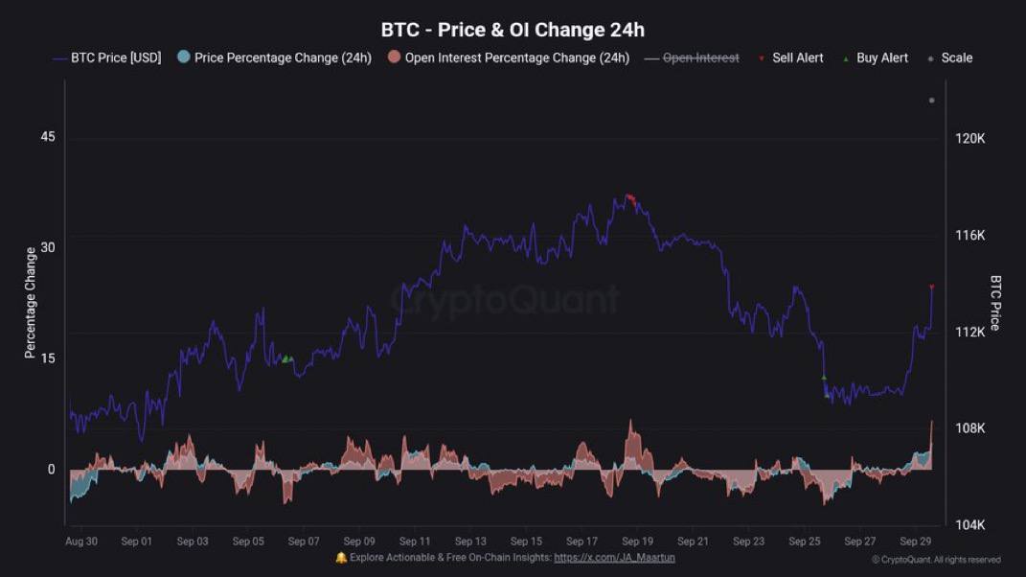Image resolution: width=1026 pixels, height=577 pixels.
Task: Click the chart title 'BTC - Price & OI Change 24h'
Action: (513, 30)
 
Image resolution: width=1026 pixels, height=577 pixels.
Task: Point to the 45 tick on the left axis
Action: (48, 137)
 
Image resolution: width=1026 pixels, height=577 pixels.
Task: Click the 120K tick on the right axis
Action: (970, 139)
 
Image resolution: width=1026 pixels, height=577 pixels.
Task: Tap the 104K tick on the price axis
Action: (970, 525)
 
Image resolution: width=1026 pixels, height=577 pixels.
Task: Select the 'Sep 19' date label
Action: (637, 542)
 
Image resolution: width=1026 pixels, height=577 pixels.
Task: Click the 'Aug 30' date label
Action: (81, 542)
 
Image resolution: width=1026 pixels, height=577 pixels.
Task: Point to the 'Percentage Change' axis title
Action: (31, 303)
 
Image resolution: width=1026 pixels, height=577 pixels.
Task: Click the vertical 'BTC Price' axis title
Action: (995, 303)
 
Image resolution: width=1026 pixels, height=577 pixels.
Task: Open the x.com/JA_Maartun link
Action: (614, 557)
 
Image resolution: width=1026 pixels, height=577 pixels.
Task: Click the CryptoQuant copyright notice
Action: (936, 560)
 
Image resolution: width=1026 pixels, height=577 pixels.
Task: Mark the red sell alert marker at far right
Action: (932, 287)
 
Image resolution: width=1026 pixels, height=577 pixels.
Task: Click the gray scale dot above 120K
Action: (931, 101)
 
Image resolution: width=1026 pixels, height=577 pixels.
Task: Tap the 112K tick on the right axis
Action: (970, 333)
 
